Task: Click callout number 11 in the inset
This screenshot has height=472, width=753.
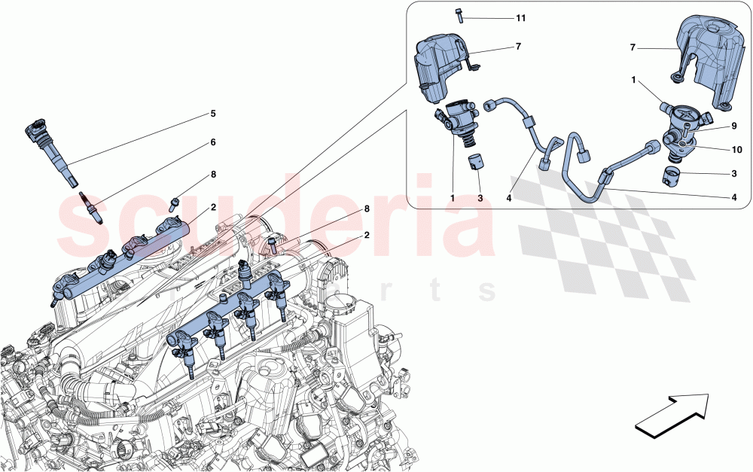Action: click(x=521, y=17)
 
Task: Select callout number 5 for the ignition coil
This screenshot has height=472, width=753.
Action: click(x=213, y=114)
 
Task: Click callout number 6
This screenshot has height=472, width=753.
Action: click(x=213, y=142)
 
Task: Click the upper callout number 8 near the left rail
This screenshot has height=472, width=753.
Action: click(x=213, y=175)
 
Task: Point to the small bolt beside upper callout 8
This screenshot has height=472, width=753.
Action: click(x=175, y=202)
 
